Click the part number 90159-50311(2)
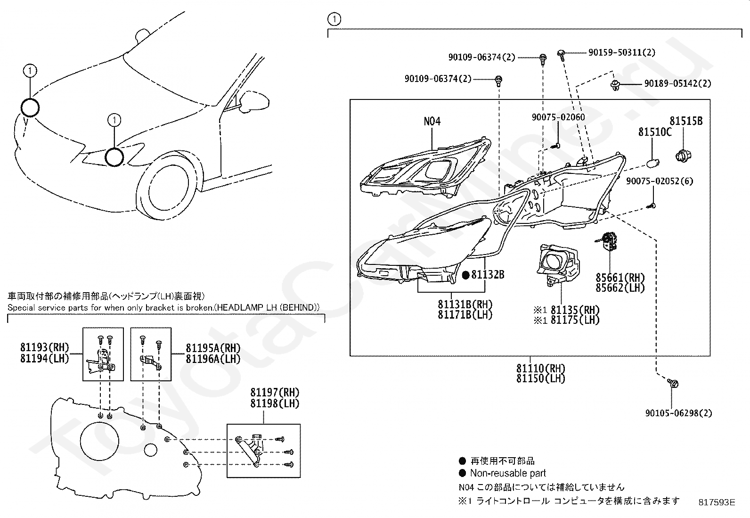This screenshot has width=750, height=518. (621, 53)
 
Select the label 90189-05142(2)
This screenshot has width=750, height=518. (677, 83)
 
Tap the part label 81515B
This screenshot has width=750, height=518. (686, 121)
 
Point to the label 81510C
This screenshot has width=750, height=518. (655, 132)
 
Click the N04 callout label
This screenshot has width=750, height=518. (432, 121)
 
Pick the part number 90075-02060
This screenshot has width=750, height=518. (558, 117)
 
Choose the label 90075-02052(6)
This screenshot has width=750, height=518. (660, 181)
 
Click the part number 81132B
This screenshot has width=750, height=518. (488, 274)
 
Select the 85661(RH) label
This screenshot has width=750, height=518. (620, 278)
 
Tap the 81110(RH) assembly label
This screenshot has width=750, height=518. (540, 368)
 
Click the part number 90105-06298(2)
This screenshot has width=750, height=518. (678, 413)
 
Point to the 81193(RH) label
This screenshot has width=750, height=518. (44, 348)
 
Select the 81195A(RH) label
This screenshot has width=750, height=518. (213, 348)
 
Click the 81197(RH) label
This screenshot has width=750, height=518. (275, 393)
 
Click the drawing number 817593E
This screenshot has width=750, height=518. (717, 502)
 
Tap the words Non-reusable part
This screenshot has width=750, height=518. (508, 473)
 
